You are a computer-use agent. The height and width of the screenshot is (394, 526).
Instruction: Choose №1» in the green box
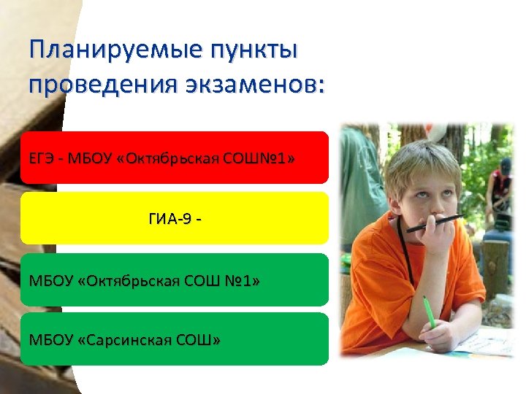[243, 280]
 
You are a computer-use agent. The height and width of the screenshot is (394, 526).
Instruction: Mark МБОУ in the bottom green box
[50, 340]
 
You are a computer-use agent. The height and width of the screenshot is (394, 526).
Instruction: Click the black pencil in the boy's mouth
[435, 223]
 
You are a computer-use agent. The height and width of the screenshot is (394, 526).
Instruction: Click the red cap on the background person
[506, 165]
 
